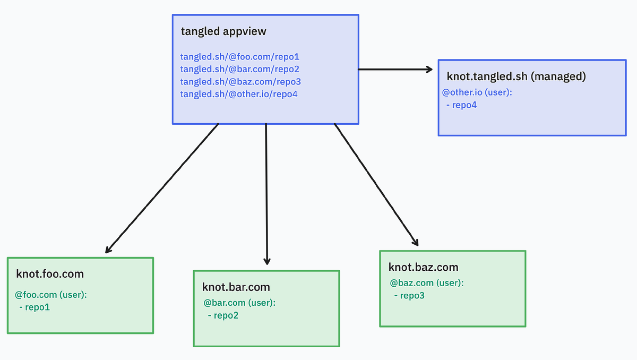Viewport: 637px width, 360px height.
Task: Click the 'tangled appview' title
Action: coord(223,31)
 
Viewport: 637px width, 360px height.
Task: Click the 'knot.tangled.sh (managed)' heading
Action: coord(517,76)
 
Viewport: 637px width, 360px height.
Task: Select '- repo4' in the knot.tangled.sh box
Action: coord(462,105)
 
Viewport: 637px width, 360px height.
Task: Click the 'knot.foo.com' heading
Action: coord(50,274)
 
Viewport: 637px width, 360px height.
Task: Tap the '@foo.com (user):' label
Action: coord(51,294)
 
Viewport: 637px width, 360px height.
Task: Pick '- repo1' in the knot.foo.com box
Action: coord(35,307)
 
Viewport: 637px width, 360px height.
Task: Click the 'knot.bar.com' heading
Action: coord(236,287)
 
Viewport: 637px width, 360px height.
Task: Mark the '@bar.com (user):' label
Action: coord(239,303)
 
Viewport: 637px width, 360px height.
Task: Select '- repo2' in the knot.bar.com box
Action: coord(223,315)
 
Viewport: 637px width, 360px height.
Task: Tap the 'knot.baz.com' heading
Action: coord(423,267)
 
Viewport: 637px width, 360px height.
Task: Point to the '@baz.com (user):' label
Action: coord(427,283)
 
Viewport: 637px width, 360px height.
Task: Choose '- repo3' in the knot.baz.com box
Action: coord(409,296)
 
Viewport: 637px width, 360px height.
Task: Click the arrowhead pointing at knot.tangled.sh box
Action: coord(429,69)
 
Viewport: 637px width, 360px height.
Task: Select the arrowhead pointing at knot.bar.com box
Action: coord(267,261)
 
